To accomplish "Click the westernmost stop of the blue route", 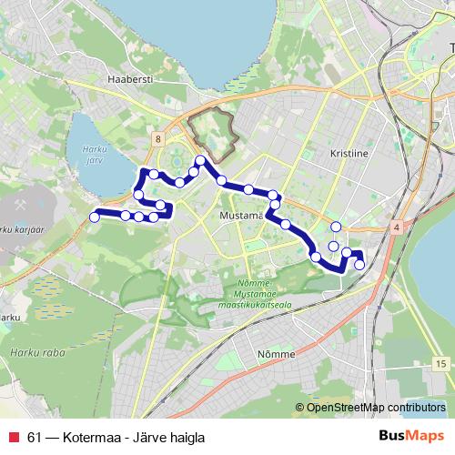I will tap(94, 217).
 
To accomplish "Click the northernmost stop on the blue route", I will tap(200, 161).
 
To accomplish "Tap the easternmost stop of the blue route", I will tap(359, 265).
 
